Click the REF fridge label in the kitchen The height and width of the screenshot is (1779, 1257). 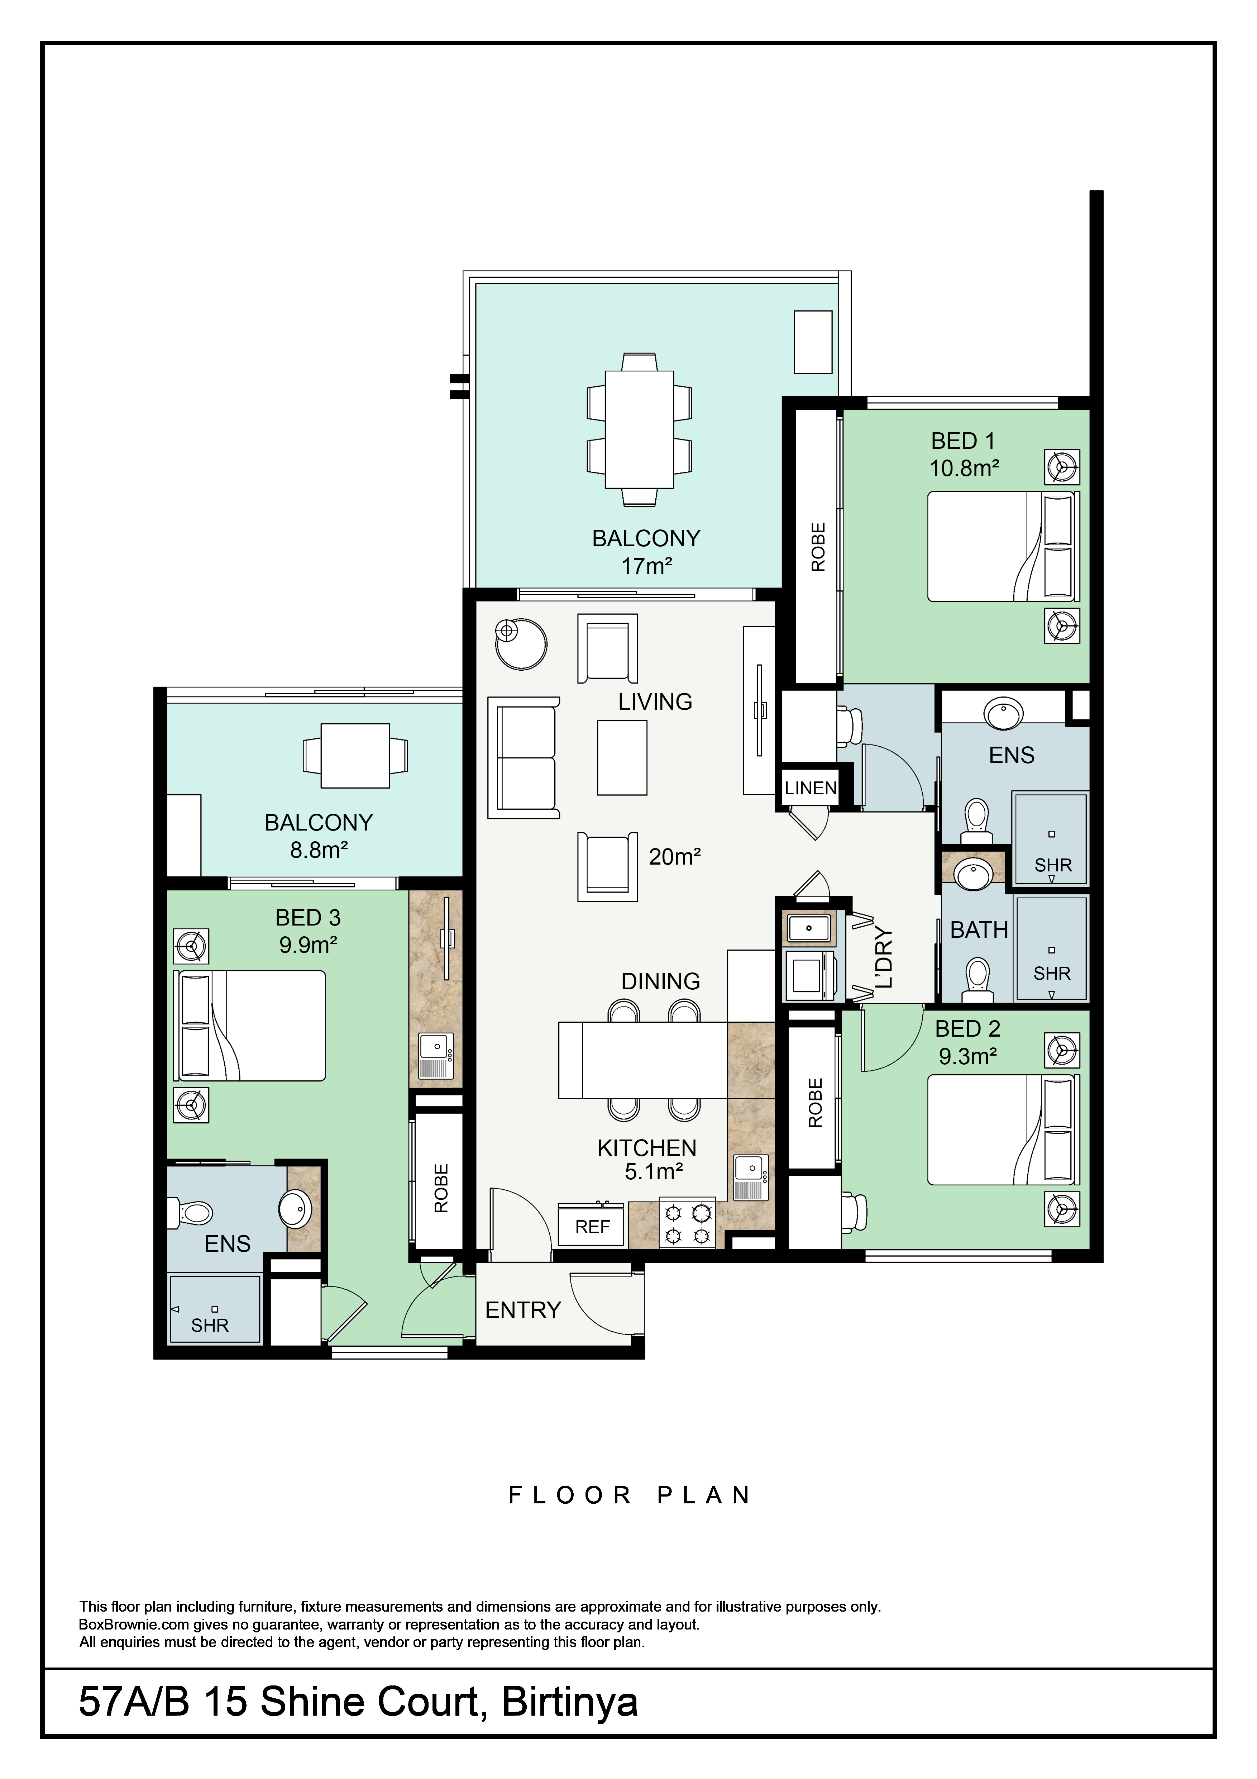[592, 1227]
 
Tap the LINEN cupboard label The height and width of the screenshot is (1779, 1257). [810, 788]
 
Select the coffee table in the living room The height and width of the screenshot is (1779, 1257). [622, 757]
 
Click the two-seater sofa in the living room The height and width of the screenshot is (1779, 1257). [523, 757]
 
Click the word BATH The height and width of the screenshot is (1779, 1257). [979, 930]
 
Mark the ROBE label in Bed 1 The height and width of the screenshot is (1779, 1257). [818, 547]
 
